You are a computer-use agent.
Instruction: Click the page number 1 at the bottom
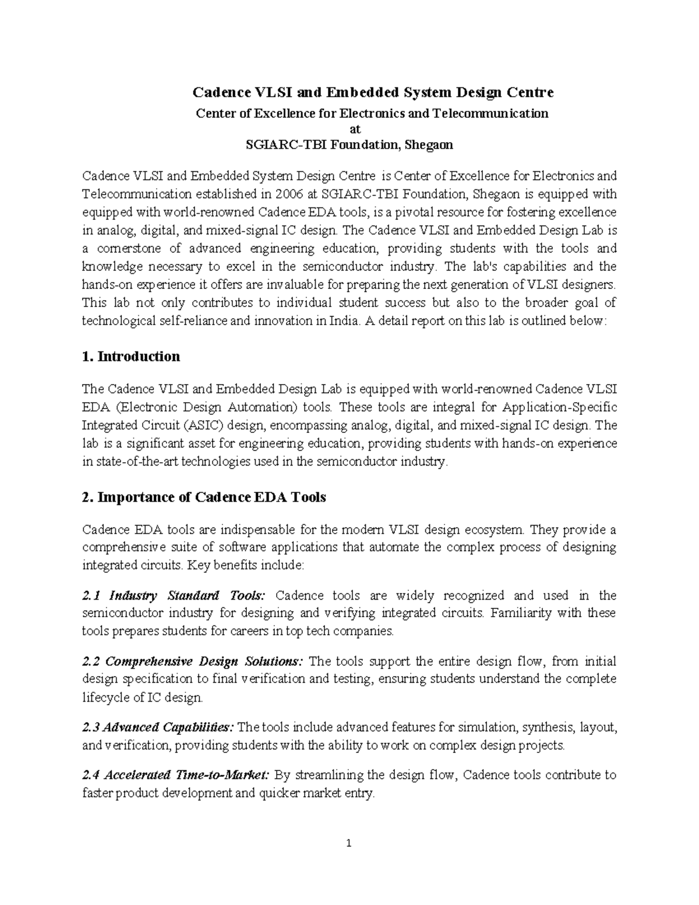pos(349,843)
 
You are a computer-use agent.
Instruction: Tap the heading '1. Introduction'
pos(131,357)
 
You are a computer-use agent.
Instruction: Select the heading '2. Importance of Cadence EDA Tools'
pos(204,497)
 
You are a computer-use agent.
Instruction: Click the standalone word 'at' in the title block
pos(349,129)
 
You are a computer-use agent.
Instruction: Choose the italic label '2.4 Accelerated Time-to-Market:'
pos(175,775)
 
